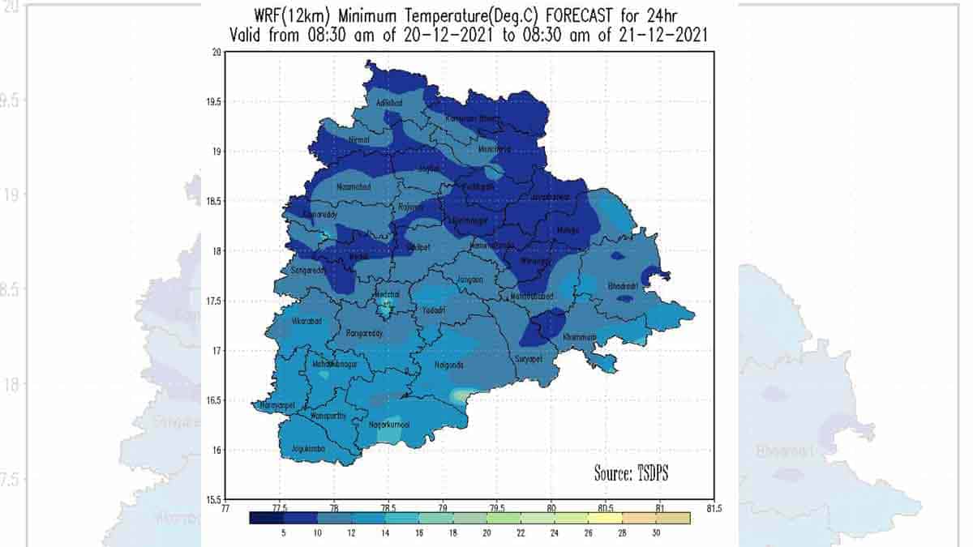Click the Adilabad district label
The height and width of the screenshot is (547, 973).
[389, 103]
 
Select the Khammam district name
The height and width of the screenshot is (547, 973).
[579, 336]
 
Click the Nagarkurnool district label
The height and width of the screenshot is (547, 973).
[390, 424]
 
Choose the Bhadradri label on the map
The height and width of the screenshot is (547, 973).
[623, 286]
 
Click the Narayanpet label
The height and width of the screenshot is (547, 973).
[275, 405]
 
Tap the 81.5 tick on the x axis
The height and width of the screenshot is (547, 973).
[714, 508]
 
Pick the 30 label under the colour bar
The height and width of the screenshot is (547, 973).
[655, 534]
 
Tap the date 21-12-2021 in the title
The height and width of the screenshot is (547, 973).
[661, 34]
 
